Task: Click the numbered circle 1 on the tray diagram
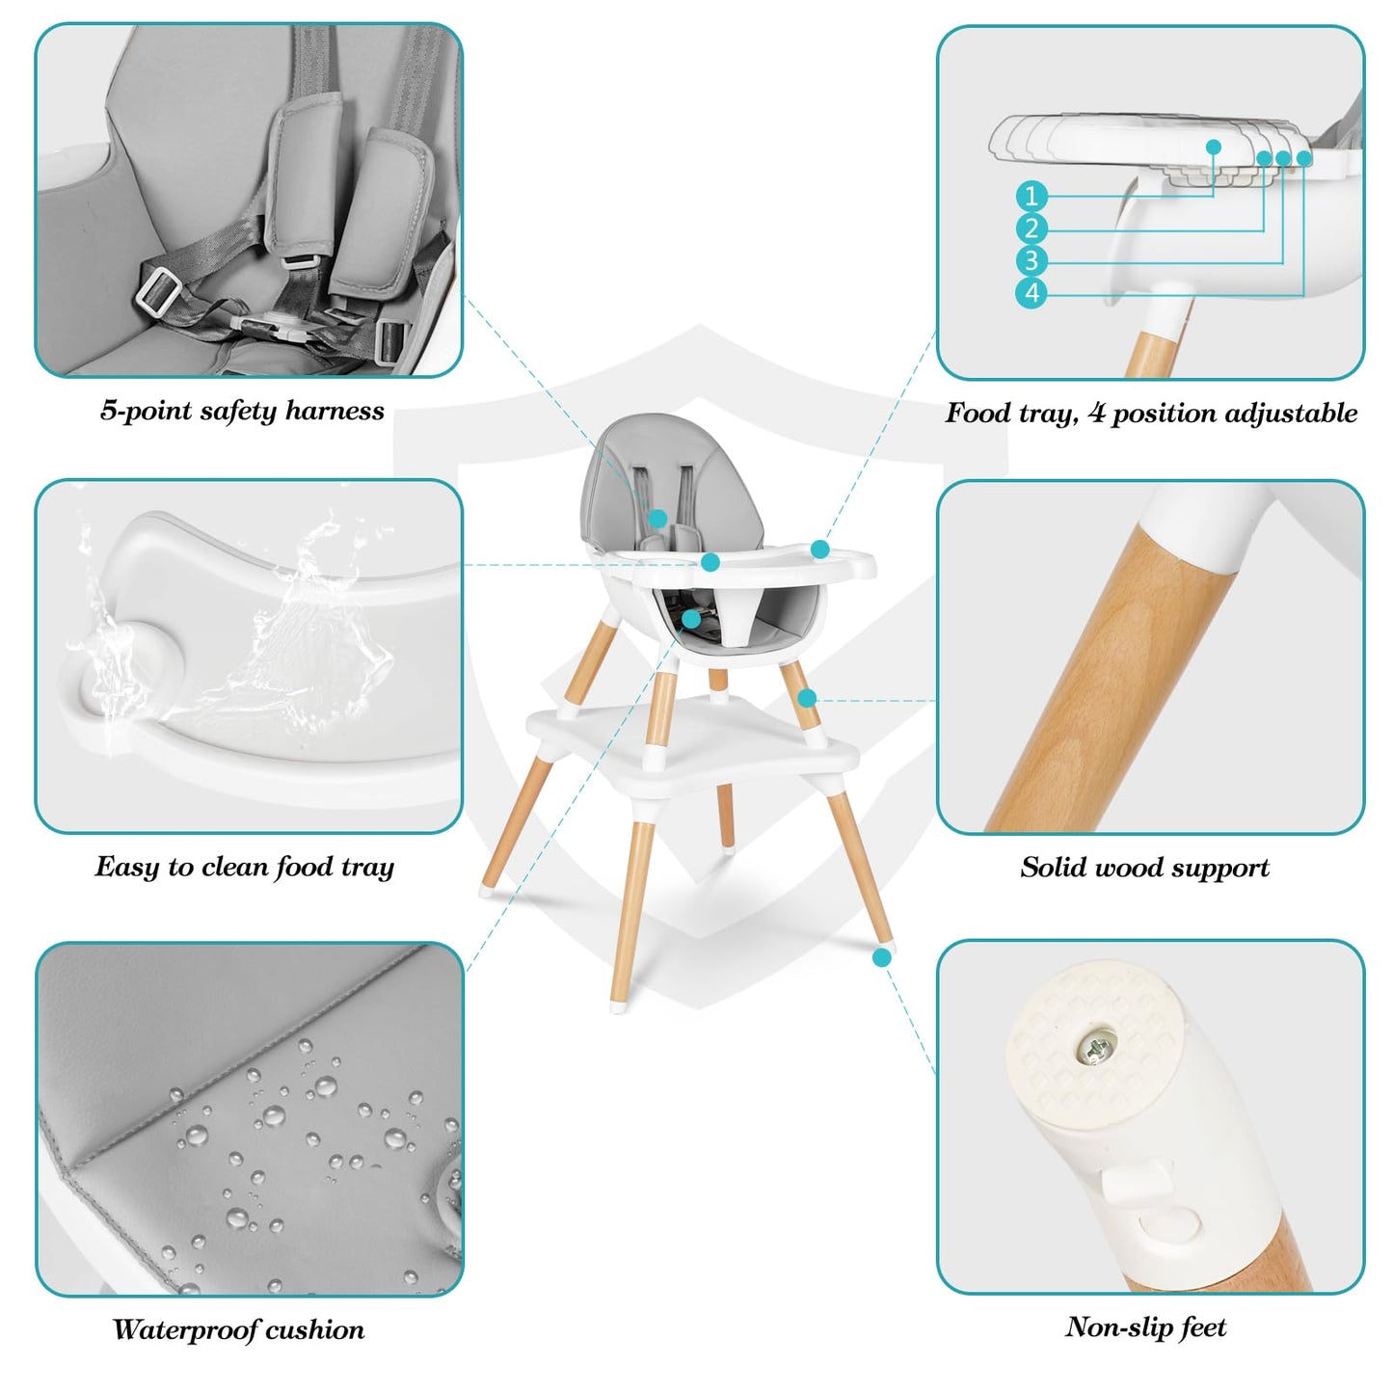(x=1031, y=195)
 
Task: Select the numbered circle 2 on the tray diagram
(x=1031, y=228)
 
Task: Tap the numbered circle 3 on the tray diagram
(x=1031, y=260)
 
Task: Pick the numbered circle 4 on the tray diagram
(x=1031, y=293)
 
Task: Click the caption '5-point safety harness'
(x=242, y=411)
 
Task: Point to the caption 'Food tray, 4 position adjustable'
(x=1151, y=413)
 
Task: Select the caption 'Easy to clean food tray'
(x=244, y=867)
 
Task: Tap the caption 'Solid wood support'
(x=1145, y=868)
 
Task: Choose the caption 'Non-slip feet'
(x=1146, y=1326)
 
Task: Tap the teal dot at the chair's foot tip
(x=881, y=958)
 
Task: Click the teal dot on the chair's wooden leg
(x=807, y=698)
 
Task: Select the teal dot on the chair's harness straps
(x=657, y=519)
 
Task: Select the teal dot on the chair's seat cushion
(x=691, y=619)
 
